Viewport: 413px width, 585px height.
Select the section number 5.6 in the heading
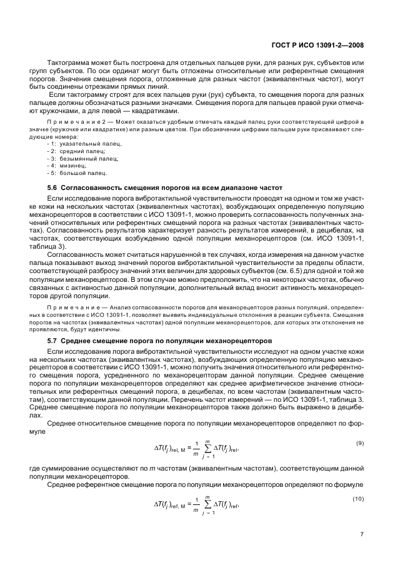click(x=52, y=187)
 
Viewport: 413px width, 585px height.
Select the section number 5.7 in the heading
click(x=52, y=342)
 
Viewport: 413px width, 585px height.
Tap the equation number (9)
click(x=359, y=443)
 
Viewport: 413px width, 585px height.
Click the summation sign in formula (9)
click(x=199, y=448)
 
